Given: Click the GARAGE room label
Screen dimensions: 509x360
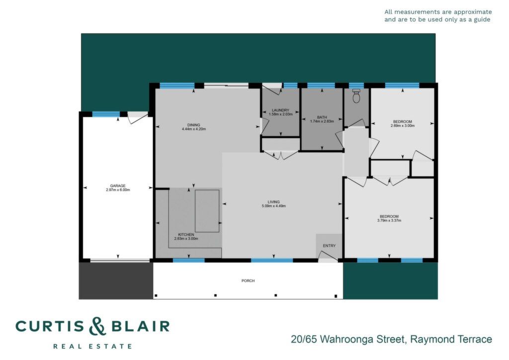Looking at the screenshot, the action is (x=117, y=186).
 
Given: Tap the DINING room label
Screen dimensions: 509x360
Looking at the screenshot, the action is (x=193, y=125).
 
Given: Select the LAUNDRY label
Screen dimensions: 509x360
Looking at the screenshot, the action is (x=280, y=110).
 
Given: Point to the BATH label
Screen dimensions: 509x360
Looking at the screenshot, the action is (x=322, y=117).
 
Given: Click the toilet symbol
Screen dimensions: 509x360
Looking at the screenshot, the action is (x=356, y=96).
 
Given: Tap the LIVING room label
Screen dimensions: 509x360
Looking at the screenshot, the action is (x=274, y=202).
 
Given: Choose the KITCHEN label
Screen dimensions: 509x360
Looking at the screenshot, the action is (x=186, y=235).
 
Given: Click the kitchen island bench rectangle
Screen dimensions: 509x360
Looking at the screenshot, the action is (x=207, y=211).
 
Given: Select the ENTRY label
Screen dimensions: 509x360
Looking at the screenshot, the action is (x=329, y=246).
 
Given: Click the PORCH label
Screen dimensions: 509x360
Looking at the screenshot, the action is (x=248, y=281).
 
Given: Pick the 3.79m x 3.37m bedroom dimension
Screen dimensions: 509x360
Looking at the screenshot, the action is (x=389, y=220).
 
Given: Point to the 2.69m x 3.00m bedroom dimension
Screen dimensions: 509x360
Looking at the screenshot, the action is (x=403, y=126).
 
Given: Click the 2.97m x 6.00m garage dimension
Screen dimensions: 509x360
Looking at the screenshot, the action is (x=118, y=190).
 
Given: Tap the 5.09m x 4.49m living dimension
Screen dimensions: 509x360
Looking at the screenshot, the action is (x=274, y=206).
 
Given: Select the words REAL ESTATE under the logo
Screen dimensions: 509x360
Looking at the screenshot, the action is (x=92, y=347).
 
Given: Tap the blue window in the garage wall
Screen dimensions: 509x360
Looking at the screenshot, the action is (x=106, y=114).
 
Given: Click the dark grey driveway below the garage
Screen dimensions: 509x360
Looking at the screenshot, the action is (x=116, y=281).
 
